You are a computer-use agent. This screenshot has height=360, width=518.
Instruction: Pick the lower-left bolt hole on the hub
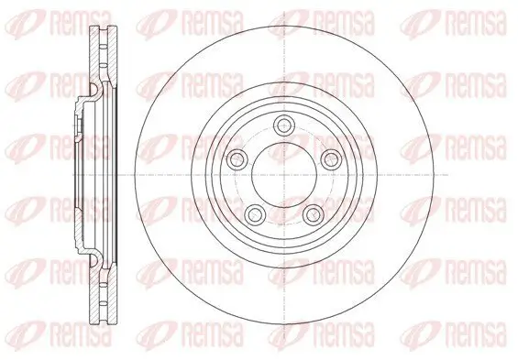pyautogui.click(x=259, y=214)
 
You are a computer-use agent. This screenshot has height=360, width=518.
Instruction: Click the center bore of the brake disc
pyautogui.click(x=281, y=173)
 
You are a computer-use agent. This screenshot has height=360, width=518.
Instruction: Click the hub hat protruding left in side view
pyautogui.click(x=75, y=173)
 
